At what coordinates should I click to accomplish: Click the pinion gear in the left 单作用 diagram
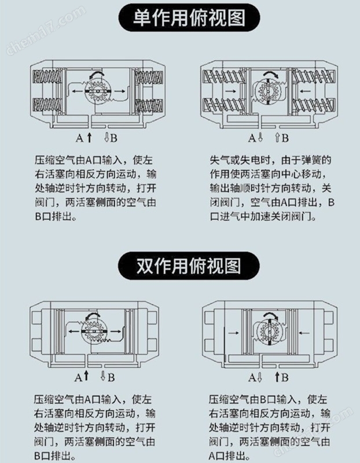97,93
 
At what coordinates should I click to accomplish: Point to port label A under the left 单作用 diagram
80,138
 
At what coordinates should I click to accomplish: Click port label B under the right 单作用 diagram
285,138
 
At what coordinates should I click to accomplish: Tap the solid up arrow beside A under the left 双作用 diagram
86,377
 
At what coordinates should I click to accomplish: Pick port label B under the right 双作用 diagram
285,377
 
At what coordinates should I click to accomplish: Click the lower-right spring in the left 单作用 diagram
147,107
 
